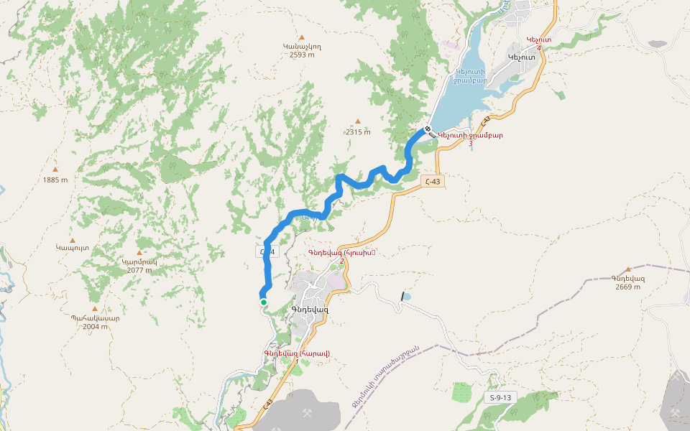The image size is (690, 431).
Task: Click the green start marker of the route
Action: tap(264, 302)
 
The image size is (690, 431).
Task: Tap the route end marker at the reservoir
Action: tap(428, 129)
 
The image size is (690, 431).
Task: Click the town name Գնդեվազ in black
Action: tap(310, 310)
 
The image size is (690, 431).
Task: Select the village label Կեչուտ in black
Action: tap(522, 57)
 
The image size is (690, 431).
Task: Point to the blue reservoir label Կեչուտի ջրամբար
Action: tap(471, 76)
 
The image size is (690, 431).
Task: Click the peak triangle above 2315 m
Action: tap(357, 122)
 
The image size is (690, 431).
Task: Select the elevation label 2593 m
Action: tap(303, 55)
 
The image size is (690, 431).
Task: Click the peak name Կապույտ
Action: tap(72, 247)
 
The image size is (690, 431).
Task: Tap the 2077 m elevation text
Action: tap(139, 270)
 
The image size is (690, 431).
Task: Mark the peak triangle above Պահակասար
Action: tap(94, 308)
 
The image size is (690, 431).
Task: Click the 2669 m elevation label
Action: tap(627, 287)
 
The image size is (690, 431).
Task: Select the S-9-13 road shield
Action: tap(500, 397)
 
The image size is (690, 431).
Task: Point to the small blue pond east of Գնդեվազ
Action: tap(407, 295)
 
